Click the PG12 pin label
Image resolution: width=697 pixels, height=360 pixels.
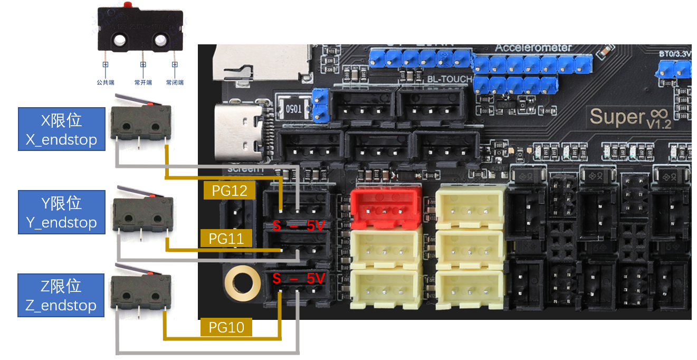[x=230, y=191]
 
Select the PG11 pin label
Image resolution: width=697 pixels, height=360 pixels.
[x=226, y=239]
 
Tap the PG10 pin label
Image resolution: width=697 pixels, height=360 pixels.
[x=226, y=327]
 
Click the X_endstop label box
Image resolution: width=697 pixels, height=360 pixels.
[x=61, y=129]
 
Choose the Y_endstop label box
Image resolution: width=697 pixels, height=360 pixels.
[x=61, y=212]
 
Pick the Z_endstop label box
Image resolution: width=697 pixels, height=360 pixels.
[x=61, y=295]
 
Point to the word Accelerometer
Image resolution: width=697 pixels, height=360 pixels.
[x=533, y=48]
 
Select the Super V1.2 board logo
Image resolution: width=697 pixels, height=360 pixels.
[x=630, y=116]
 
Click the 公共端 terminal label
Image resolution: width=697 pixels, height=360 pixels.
[x=105, y=82]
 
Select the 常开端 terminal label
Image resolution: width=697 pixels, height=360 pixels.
[x=142, y=82]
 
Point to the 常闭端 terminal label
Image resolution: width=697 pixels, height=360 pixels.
[x=175, y=82]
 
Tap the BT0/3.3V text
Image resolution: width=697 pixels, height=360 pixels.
[x=675, y=54]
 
